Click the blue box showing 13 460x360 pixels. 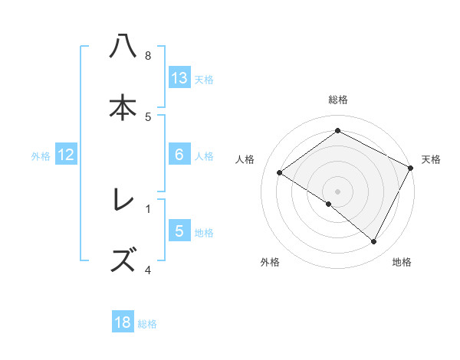coord(179,77)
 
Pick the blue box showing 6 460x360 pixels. coord(179,155)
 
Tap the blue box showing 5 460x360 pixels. coord(179,231)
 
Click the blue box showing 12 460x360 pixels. coord(66,155)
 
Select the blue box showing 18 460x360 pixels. coord(123,322)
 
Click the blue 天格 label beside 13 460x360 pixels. coord(204,79)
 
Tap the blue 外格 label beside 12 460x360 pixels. coord(41,155)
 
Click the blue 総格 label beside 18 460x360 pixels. coord(147,323)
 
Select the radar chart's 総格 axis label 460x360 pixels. coord(338,100)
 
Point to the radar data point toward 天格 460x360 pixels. coord(411,168)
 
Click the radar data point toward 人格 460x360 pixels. coord(280,173)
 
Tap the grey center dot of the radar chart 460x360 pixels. coord(338,191)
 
